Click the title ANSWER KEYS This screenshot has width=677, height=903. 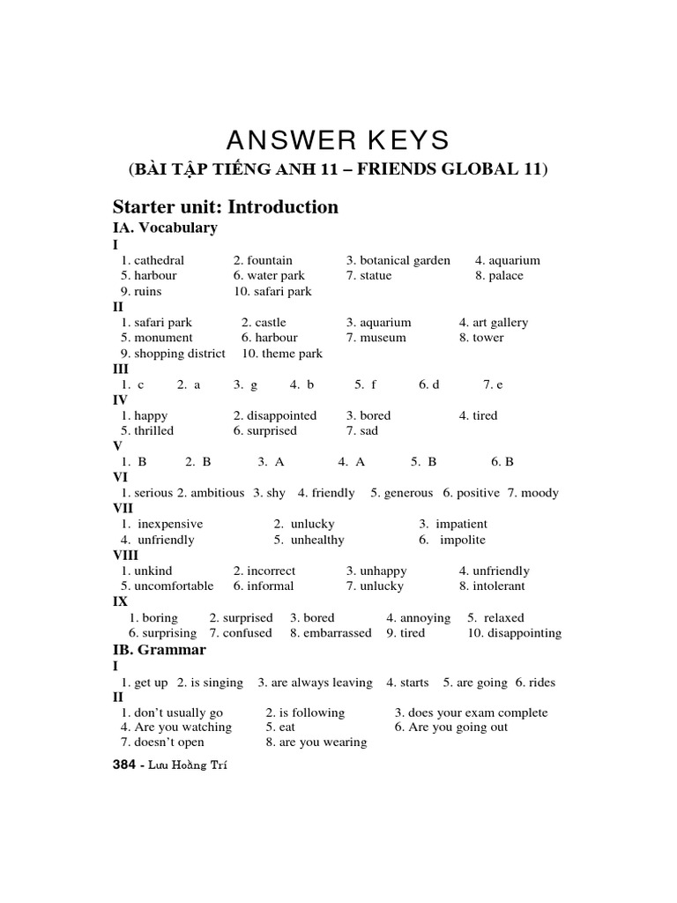[338, 140]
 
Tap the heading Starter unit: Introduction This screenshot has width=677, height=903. [226, 207]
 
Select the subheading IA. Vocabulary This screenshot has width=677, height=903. [166, 228]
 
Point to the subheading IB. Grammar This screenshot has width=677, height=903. [160, 650]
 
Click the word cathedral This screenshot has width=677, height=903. [160, 260]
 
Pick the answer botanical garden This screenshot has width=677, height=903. [405, 260]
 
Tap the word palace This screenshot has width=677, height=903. [506, 275]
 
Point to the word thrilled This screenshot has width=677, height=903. [154, 430]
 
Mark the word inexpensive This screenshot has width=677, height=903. [170, 524]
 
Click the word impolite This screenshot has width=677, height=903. [463, 540]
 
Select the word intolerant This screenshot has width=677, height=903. [498, 586]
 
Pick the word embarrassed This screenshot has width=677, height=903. [338, 633]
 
